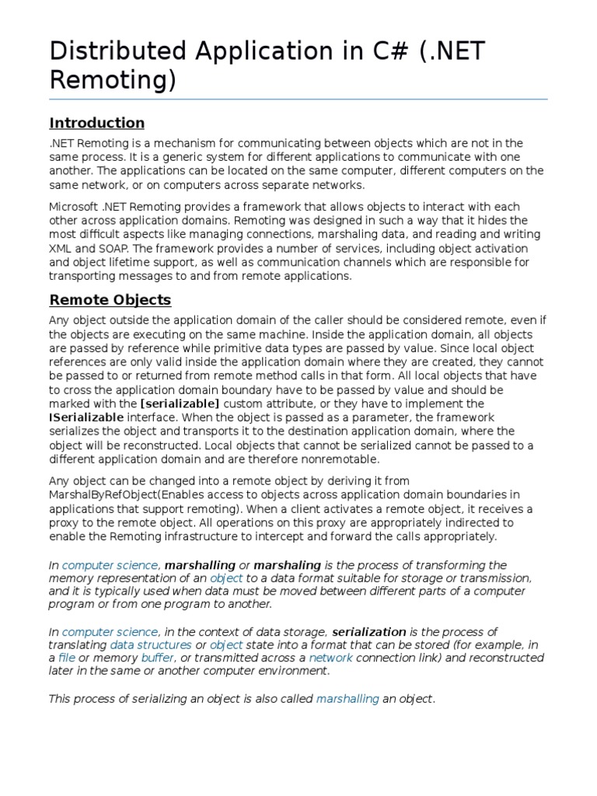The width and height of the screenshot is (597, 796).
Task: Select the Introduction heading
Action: pyautogui.click(x=96, y=123)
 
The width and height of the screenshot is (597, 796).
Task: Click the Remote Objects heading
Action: pyautogui.click(x=110, y=299)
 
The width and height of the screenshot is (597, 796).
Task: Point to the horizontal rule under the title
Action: pyautogui.click(x=298, y=99)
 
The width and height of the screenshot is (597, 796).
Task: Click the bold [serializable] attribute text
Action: pyautogui.click(x=180, y=403)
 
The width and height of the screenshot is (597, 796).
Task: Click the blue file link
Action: pyautogui.click(x=67, y=658)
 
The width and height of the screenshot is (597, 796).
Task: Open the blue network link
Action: pyautogui.click(x=330, y=658)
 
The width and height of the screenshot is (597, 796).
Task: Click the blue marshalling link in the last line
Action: pyautogui.click(x=347, y=699)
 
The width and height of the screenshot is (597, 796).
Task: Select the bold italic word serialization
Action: pyautogui.click(x=369, y=631)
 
